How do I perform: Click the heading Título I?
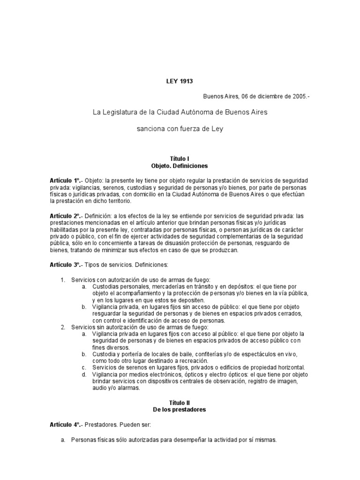(180, 159)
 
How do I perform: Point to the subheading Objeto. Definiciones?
(180, 166)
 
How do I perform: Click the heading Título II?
(180, 403)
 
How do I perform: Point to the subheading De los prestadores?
(180, 410)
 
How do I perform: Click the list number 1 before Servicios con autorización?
(62, 280)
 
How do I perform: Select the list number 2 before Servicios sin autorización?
(62, 327)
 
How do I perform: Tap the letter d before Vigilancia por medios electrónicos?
(83, 374)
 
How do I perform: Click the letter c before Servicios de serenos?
(83, 367)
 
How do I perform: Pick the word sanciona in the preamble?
(150, 128)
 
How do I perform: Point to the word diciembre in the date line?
(266, 96)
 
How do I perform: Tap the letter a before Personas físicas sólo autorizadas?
(62, 440)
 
